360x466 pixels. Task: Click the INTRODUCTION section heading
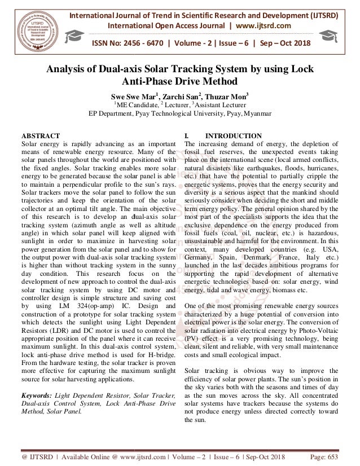point(234,136)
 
